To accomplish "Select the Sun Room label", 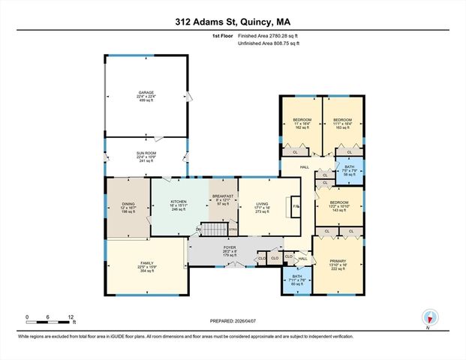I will pos(146,157).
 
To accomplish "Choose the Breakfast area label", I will pos(223,199).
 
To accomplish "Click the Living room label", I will pos(263,207).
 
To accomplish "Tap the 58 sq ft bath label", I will pos(350,171).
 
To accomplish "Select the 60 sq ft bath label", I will pos(296,280).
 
